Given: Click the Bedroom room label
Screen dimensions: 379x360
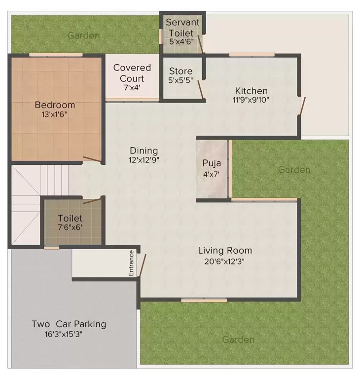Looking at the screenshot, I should coord(55,105).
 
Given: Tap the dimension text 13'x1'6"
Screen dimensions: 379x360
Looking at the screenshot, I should coord(55,114).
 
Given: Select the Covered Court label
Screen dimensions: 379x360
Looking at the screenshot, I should coord(132,73).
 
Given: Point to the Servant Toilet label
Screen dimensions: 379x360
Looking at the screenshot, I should coord(182,28).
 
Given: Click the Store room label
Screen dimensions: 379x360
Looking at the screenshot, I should coord(180,71).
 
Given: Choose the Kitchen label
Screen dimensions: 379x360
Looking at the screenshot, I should coord(251,91).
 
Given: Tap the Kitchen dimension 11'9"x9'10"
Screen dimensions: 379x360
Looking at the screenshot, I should coord(251,100).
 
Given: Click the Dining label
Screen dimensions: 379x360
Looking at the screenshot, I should coord(144,151).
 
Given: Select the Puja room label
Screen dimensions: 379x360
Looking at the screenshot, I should coord(212,163).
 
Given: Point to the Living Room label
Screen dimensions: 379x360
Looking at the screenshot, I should coord(225,250).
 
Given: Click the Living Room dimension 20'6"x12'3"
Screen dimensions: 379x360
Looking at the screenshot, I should coord(225,261).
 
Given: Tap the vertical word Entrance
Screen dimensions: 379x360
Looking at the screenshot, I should coord(132,263).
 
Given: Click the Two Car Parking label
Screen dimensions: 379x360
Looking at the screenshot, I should coord(69,324).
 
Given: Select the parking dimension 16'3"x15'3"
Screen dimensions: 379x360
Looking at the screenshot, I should coord(69,334).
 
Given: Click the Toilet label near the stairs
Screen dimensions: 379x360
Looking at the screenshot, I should coord(70,218).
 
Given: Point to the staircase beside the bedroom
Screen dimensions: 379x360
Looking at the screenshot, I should coord(30,197).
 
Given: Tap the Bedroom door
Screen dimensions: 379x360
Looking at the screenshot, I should coord(92,159).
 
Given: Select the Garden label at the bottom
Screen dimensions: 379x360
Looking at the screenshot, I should coord(238,340).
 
